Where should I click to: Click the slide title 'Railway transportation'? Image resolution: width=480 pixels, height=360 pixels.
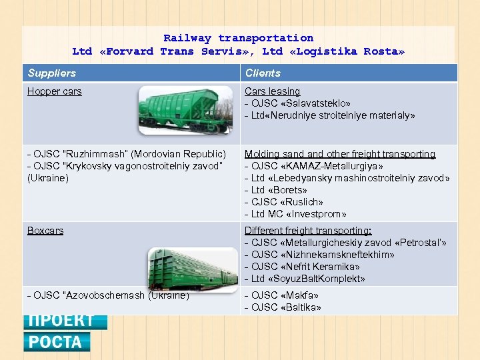point(238,38)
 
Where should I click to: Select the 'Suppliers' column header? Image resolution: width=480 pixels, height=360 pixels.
point(51,73)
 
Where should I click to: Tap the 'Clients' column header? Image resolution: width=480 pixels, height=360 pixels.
point(263,73)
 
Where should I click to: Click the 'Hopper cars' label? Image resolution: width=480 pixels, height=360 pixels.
point(54,91)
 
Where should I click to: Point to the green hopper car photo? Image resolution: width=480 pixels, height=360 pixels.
point(186,110)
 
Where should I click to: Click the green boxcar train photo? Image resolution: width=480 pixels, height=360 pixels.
point(192,270)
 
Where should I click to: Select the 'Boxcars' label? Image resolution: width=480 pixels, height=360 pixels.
point(45,231)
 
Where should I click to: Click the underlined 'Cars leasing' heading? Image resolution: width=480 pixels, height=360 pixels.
point(272,91)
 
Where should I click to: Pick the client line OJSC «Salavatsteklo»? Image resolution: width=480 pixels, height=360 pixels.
point(297,103)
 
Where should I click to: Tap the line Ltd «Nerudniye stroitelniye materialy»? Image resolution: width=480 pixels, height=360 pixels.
point(329,115)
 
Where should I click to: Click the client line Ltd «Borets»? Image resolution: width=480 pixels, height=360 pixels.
point(275,190)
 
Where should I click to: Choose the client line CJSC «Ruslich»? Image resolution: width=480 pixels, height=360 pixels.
point(284,202)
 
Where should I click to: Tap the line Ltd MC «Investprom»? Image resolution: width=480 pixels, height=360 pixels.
point(295,214)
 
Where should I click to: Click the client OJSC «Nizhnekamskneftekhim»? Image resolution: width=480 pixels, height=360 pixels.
point(319,255)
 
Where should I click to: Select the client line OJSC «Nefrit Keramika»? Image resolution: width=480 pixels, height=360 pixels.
point(302,267)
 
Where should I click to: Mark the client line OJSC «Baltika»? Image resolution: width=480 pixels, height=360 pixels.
point(283,307)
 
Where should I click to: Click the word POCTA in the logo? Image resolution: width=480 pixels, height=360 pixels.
point(56,342)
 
